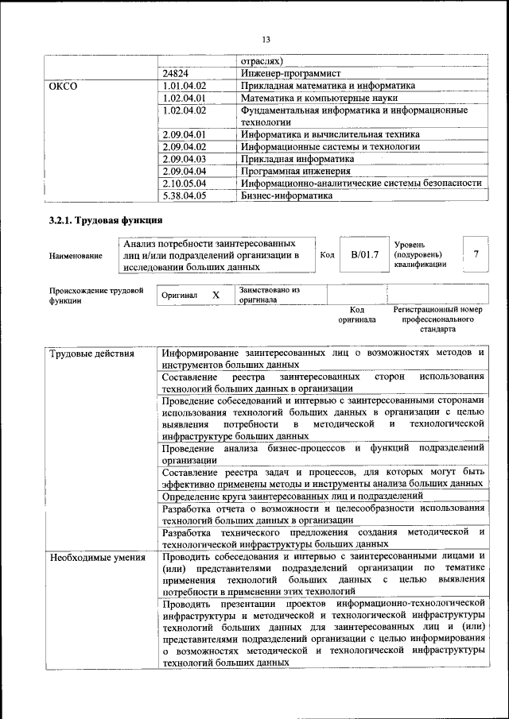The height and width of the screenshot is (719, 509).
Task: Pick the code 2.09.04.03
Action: tap(184, 159)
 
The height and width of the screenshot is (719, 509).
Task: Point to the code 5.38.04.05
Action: tap(184, 195)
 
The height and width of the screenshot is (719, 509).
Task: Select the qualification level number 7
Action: tap(476, 254)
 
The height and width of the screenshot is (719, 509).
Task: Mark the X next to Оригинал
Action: tap(215, 295)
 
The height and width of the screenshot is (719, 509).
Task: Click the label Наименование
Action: tap(76, 256)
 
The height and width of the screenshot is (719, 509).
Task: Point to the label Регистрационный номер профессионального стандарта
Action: tap(437, 318)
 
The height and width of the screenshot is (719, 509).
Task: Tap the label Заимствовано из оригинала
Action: tap(269, 295)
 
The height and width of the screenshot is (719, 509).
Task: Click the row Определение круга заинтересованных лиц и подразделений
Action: tap(292, 496)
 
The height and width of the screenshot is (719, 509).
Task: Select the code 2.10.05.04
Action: tap(184, 184)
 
